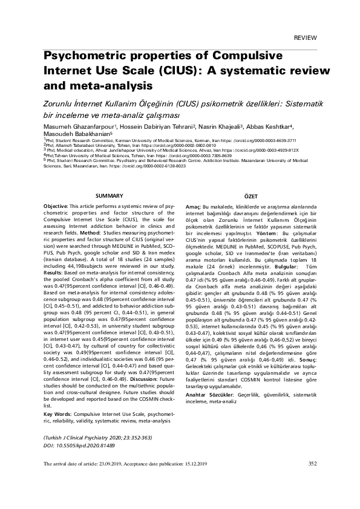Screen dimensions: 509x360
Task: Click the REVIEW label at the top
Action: (305, 37)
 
